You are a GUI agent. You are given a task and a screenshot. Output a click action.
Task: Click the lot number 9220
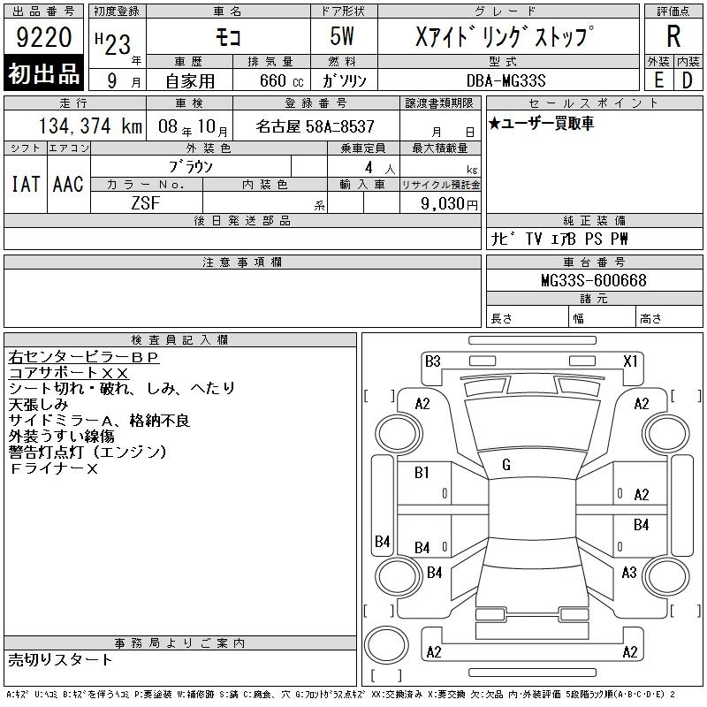[43, 37]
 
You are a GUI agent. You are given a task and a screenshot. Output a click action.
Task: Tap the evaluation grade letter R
[673, 36]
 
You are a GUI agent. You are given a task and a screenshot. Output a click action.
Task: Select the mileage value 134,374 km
[90, 125]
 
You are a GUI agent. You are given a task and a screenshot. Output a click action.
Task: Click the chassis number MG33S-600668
[594, 280]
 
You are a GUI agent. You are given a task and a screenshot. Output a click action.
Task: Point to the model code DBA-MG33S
[506, 80]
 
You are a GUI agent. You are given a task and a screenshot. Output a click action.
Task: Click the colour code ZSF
[146, 203]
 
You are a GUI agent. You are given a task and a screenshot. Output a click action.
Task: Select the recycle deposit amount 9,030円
[449, 204]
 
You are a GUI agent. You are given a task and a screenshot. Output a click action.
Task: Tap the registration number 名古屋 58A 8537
[315, 126]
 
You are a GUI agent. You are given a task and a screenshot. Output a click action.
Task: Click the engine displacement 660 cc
[281, 81]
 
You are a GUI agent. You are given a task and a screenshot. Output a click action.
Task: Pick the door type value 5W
[342, 36]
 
